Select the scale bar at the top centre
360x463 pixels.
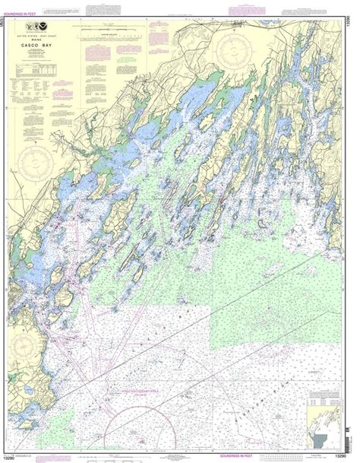114,34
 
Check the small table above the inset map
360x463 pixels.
327,395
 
